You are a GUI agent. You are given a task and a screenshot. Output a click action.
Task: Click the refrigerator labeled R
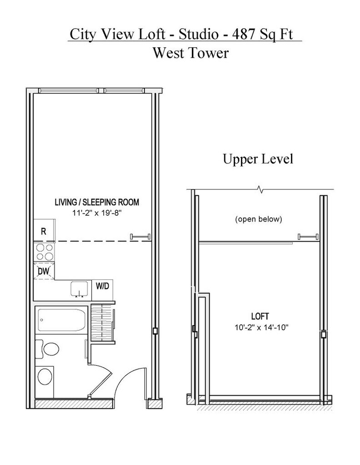pos(44,230)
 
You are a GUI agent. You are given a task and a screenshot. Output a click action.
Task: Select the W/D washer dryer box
pos(102,290)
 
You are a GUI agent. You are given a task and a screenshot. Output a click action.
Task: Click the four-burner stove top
pos(44,252)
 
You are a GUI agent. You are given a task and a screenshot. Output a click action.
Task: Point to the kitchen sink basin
pos(79,288)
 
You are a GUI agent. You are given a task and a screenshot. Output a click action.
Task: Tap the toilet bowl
pos(47,349)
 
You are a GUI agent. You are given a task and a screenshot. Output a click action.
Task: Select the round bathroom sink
pos(45,376)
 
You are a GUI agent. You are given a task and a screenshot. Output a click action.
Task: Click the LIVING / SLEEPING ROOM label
pos(97,202)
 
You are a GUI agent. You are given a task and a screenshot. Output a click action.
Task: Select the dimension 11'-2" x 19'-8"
pos(97,213)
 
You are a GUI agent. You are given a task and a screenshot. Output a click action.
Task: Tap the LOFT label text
pos(260,317)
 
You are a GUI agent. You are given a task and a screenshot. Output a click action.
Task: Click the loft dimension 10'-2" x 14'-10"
pos(262,327)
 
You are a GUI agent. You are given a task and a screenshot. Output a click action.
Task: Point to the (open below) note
pos(259,219)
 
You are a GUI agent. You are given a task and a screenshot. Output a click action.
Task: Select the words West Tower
pos(190,53)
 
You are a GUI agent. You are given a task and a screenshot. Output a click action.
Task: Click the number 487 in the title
pos(243,34)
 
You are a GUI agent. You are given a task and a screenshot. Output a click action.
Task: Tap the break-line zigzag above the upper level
pos(260,189)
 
